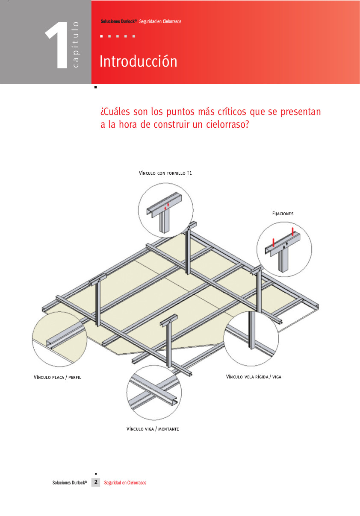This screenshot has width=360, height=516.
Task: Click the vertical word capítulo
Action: click(75, 45)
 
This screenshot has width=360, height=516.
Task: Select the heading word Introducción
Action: click(139, 61)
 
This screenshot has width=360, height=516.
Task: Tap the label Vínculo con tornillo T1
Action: click(165, 173)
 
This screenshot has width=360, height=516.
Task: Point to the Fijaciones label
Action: click(283, 214)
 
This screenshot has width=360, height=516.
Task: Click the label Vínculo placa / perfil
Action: click(57, 377)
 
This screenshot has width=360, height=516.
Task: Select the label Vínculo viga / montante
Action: click(153, 429)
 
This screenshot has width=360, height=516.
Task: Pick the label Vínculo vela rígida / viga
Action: click(254, 377)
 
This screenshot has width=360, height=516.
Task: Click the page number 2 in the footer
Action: click(96, 482)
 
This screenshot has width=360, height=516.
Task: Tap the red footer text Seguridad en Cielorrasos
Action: click(125, 483)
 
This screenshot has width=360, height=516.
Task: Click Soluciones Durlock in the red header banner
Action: click(119, 21)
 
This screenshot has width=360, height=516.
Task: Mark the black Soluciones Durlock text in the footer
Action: click(70, 483)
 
